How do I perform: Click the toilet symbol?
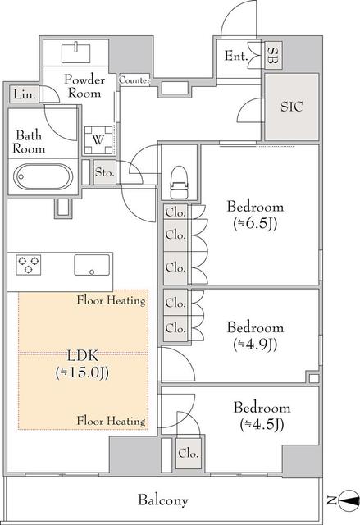tap(178, 182)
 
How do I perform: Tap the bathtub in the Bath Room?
tap(43, 177)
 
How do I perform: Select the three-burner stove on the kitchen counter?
tap(29, 265)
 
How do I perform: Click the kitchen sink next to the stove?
tap(92, 265)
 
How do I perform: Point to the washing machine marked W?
tap(98, 139)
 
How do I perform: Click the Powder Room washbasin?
tap(76, 52)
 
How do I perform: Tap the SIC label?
tap(291, 107)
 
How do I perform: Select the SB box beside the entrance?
tap(273, 56)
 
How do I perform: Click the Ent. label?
tap(236, 56)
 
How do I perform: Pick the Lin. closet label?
tap(25, 94)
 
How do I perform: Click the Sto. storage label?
tap(105, 172)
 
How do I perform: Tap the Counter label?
tap(134, 80)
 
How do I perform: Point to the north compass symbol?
tap(348, 500)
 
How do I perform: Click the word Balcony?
tap(163, 500)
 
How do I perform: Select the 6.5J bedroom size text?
tap(255, 224)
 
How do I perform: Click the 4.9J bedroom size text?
tap(255, 345)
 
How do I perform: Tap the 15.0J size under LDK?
tap(82, 373)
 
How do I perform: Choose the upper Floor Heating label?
tap(111, 300)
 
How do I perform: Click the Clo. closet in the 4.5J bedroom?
tap(189, 454)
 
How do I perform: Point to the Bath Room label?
tap(29, 142)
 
